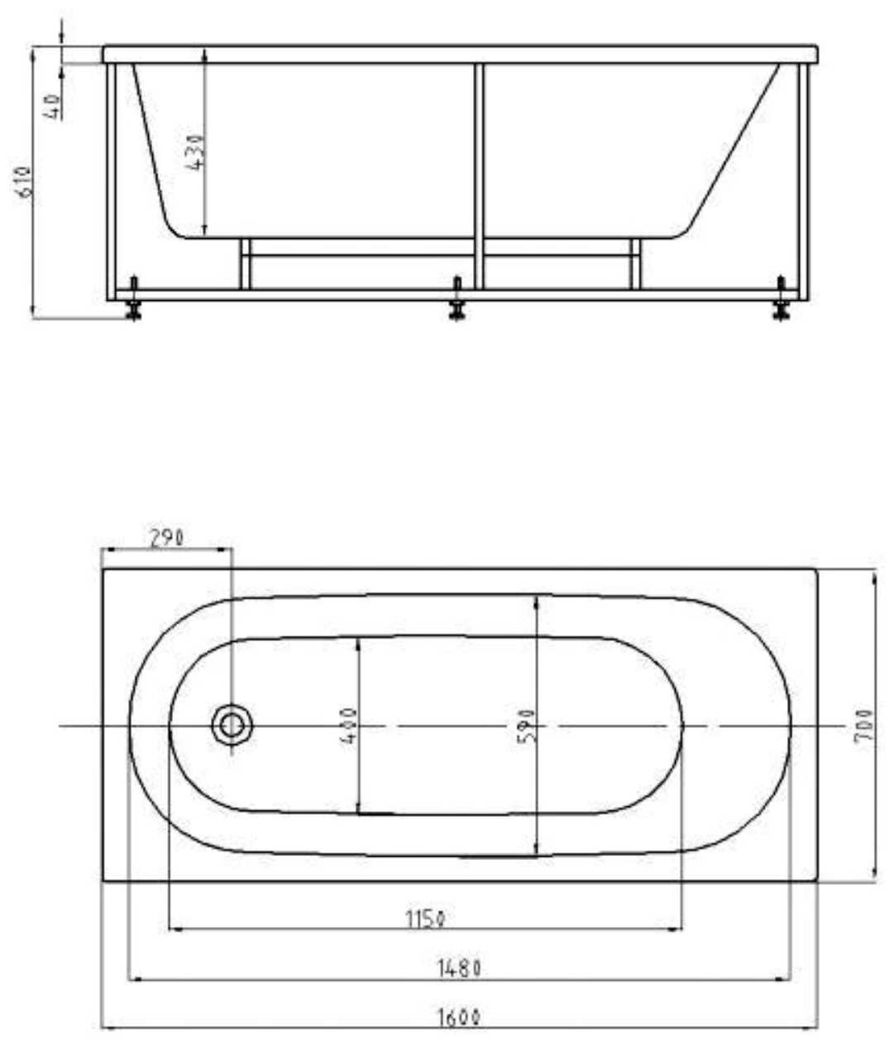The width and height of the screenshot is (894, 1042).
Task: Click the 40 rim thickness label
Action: [55, 107]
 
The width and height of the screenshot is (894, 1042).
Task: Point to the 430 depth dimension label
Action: [197, 151]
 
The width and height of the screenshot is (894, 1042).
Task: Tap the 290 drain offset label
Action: [167, 538]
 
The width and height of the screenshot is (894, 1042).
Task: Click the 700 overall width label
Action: [863, 725]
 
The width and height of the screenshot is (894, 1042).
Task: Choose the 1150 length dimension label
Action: [426, 919]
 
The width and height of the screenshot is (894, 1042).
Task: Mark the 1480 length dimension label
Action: [459, 968]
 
